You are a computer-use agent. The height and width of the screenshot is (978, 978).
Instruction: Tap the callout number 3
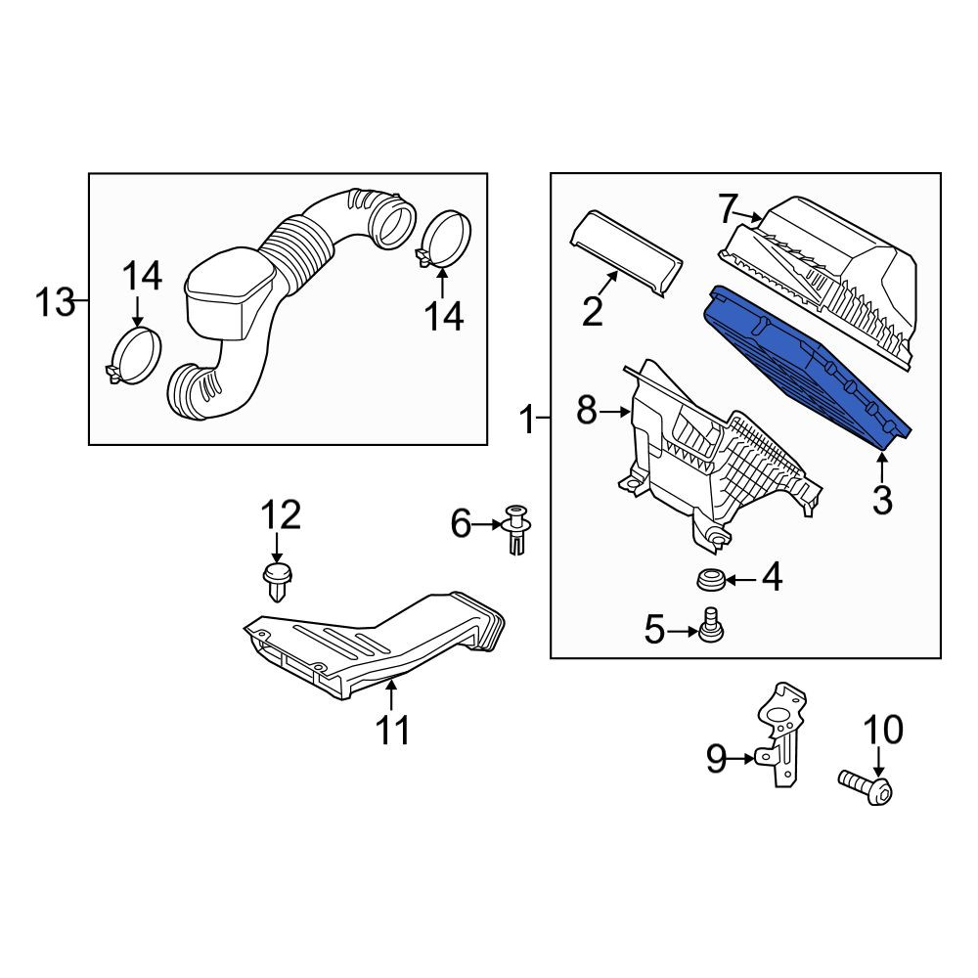click(x=882, y=500)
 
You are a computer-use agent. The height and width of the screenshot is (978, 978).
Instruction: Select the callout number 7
click(x=728, y=208)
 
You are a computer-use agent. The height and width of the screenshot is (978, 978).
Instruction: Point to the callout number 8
click(x=586, y=411)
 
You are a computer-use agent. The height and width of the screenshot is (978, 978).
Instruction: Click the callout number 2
click(x=593, y=311)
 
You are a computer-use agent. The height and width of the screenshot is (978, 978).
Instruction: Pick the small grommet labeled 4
click(x=710, y=579)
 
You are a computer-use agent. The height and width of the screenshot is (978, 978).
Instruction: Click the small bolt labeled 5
click(x=710, y=625)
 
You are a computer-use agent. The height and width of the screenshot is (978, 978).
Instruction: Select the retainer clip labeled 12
click(x=277, y=582)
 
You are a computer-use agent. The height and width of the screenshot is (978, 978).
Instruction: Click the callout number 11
click(x=393, y=731)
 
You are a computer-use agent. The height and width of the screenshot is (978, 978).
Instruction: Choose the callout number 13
click(x=55, y=302)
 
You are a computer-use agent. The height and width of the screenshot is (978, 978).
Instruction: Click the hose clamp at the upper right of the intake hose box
click(x=443, y=239)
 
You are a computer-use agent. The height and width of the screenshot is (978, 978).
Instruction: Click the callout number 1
click(x=527, y=420)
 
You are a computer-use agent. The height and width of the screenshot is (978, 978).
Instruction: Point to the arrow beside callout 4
click(x=740, y=579)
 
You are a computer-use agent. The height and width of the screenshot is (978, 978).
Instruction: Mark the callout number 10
click(x=883, y=730)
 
